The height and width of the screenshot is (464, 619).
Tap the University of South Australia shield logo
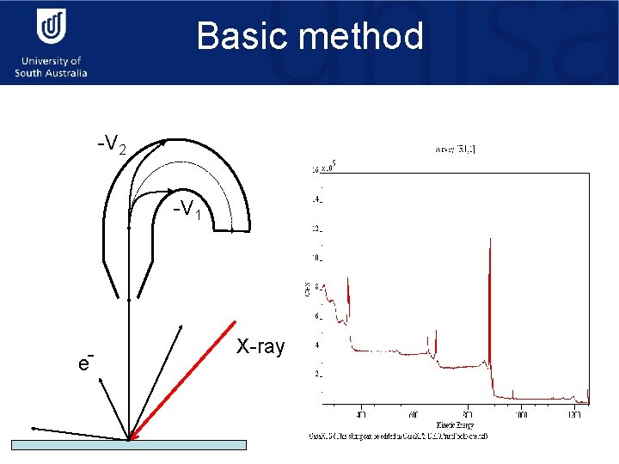point(51,29)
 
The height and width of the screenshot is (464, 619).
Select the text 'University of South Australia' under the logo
point(51,67)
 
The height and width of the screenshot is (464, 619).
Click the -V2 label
point(112,145)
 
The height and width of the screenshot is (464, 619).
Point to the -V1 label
point(187,209)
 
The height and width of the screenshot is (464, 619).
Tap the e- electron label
point(84,362)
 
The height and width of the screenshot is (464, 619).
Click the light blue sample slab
point(129,444)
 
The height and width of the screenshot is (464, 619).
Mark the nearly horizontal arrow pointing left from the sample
point(77,432)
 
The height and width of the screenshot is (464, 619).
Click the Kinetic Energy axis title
point(454,424)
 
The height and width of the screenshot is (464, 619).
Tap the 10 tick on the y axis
point(318,258)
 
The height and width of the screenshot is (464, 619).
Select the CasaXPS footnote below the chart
point(400,436)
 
